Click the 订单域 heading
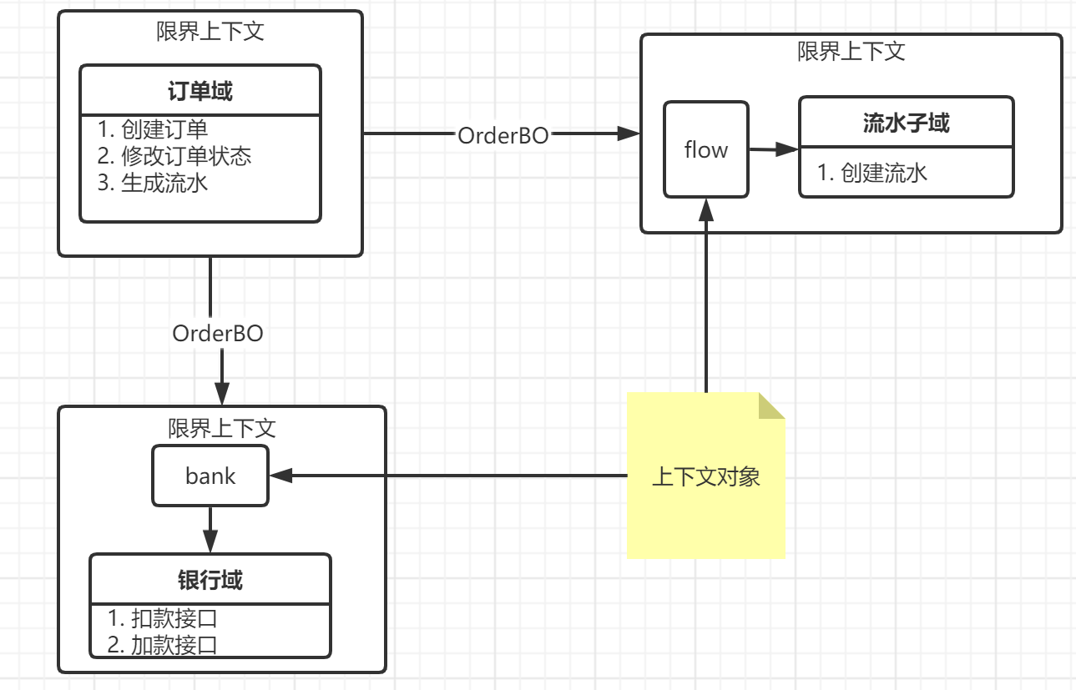(200, 91)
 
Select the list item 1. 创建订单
(153, 129)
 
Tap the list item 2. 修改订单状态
(174, 156)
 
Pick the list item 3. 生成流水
(153, 183)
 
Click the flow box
(706, 150)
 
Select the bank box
(210, 476)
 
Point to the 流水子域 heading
(906, 123)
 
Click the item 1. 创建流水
(872, 173)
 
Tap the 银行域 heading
(210, 579)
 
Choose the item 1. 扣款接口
(163, 618)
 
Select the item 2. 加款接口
(163, 645)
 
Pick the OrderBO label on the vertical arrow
(218, 334)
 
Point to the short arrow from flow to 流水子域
(773, 150)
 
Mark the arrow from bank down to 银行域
(210, 530)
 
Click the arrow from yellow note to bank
(451, 476)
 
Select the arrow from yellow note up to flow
(706, 300)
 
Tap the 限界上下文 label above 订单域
(210, 31)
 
